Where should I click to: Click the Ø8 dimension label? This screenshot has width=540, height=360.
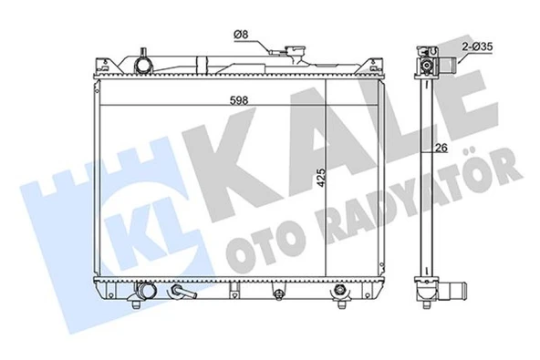pyautogui.click(x=241, y=35)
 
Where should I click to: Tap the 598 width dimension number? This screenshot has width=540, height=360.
pyautogui.click(x=239, y=100)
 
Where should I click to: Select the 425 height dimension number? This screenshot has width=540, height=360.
pyautogui.click(x=321, y=178)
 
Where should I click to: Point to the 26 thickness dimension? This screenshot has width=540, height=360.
pyautogui.click(x=441, y=148)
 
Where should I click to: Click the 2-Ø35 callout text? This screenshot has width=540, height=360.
pyautogui.click(x=477, y=46)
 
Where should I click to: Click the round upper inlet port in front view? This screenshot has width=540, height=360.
pyautogui.click(x=142, y=65)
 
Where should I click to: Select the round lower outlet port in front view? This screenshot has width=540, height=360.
pyautogui.click(x=146, y=291)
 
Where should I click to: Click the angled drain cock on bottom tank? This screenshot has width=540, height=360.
pyautogui.click(x=182, y=292)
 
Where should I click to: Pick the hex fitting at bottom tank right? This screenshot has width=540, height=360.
pyautogui.click(x=340, y=290)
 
